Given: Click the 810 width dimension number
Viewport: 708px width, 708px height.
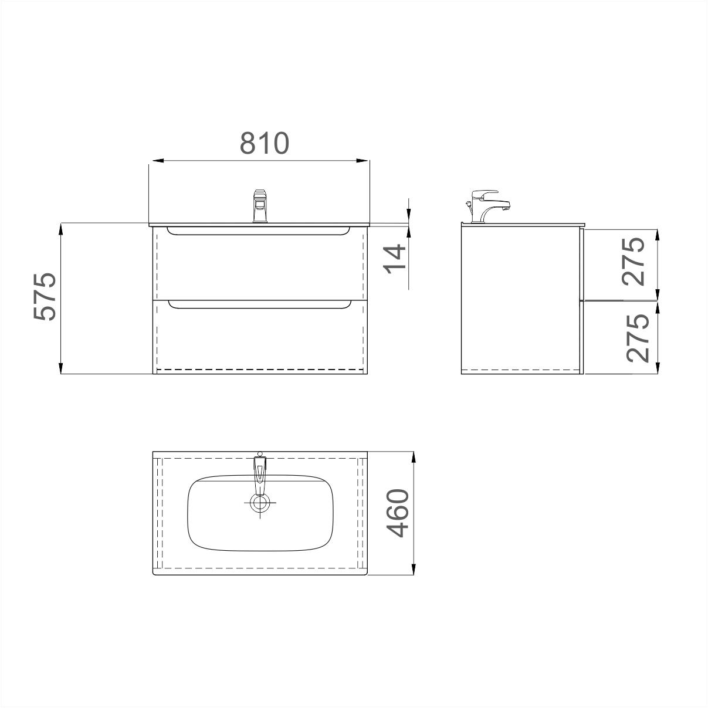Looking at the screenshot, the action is click(x=265, y=143).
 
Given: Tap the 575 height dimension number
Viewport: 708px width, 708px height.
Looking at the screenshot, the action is click(x=45, y=296).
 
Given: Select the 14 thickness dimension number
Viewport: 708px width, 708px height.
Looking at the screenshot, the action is click(x=395, y=259).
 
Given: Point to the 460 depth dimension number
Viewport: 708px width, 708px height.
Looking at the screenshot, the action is click(x=398, y=513).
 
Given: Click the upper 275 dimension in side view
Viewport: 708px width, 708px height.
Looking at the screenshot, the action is click(x=634, y=262).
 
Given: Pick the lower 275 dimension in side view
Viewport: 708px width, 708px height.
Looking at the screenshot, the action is click(x=638, y=338).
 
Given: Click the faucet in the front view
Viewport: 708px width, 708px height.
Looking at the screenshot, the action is click(x=260, y=206).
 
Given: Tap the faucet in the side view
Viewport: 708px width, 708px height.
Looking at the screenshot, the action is click(x=487, y=206).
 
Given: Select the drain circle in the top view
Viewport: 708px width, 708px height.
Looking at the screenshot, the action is click(x=260, y=503).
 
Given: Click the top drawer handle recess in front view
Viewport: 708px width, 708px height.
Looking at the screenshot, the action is click(x=259, y=231).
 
